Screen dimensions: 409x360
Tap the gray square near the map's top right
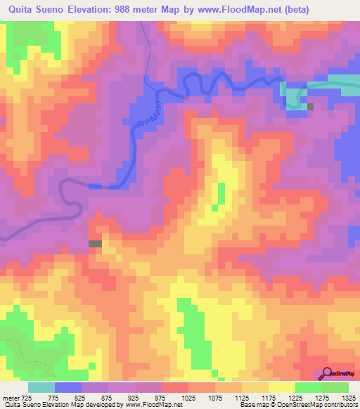[311, 107]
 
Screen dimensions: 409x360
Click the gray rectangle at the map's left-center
[95, 243]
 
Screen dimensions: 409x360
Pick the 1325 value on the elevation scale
[348, 398]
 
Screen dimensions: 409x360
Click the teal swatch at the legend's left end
[41, 387]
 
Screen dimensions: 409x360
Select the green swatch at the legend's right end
[335, 387]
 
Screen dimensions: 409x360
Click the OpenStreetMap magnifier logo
[328, 372]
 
